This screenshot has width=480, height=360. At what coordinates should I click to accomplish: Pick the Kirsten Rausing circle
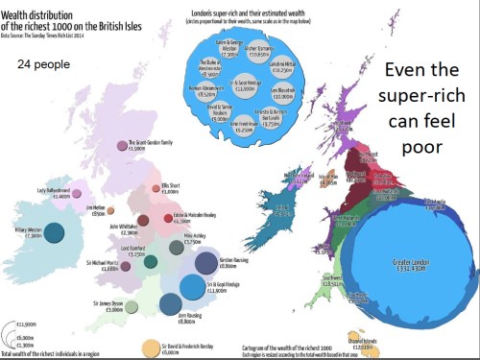205,262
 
